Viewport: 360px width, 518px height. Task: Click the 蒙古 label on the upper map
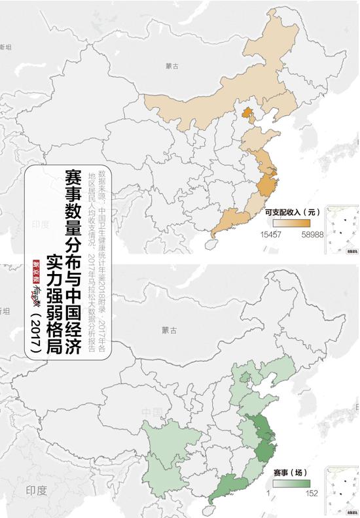click(172, 66)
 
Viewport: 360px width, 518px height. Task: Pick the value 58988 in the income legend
click(311, 233)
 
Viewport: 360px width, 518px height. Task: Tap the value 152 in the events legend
click(311, 494)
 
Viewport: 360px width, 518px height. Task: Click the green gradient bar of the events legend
click(291, 483)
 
